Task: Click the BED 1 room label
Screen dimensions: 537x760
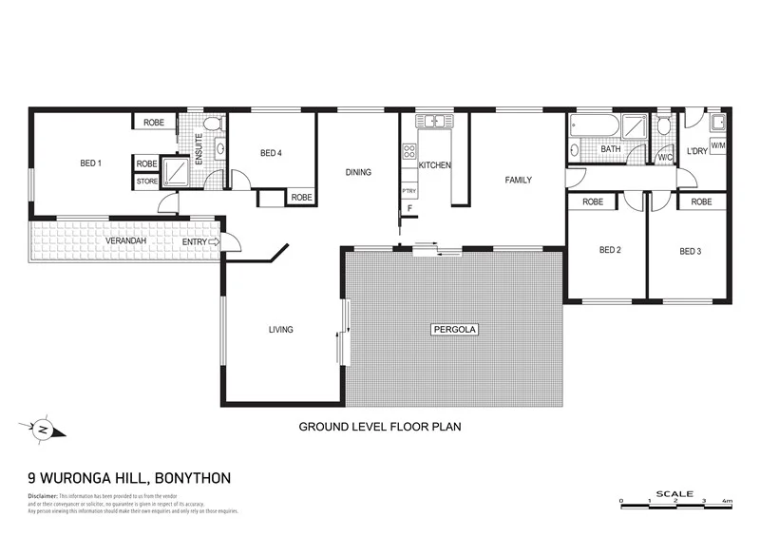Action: [x=90, y=163]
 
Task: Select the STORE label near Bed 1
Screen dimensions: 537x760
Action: [x=146, y=181]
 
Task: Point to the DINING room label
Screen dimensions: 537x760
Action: [x=358, y=172]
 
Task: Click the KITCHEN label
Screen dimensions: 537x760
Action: [x=435, y=165]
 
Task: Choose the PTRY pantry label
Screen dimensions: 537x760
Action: [x=408, y=191]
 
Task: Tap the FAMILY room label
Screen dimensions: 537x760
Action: [x=518, y=180]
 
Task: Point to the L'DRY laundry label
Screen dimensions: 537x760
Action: [x=696, y=152]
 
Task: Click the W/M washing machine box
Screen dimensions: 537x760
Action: [x=718, y=145]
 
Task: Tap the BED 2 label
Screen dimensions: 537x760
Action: [x=610, y=251]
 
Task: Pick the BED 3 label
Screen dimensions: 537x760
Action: [x=690, y=252]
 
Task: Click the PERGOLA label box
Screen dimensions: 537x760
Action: [x=454, y=330]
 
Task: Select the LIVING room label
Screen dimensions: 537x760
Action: [x=280, y=330]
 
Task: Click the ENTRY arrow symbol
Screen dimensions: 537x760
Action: [x=214, y=242]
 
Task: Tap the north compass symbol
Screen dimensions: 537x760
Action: [x=42, y=430]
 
